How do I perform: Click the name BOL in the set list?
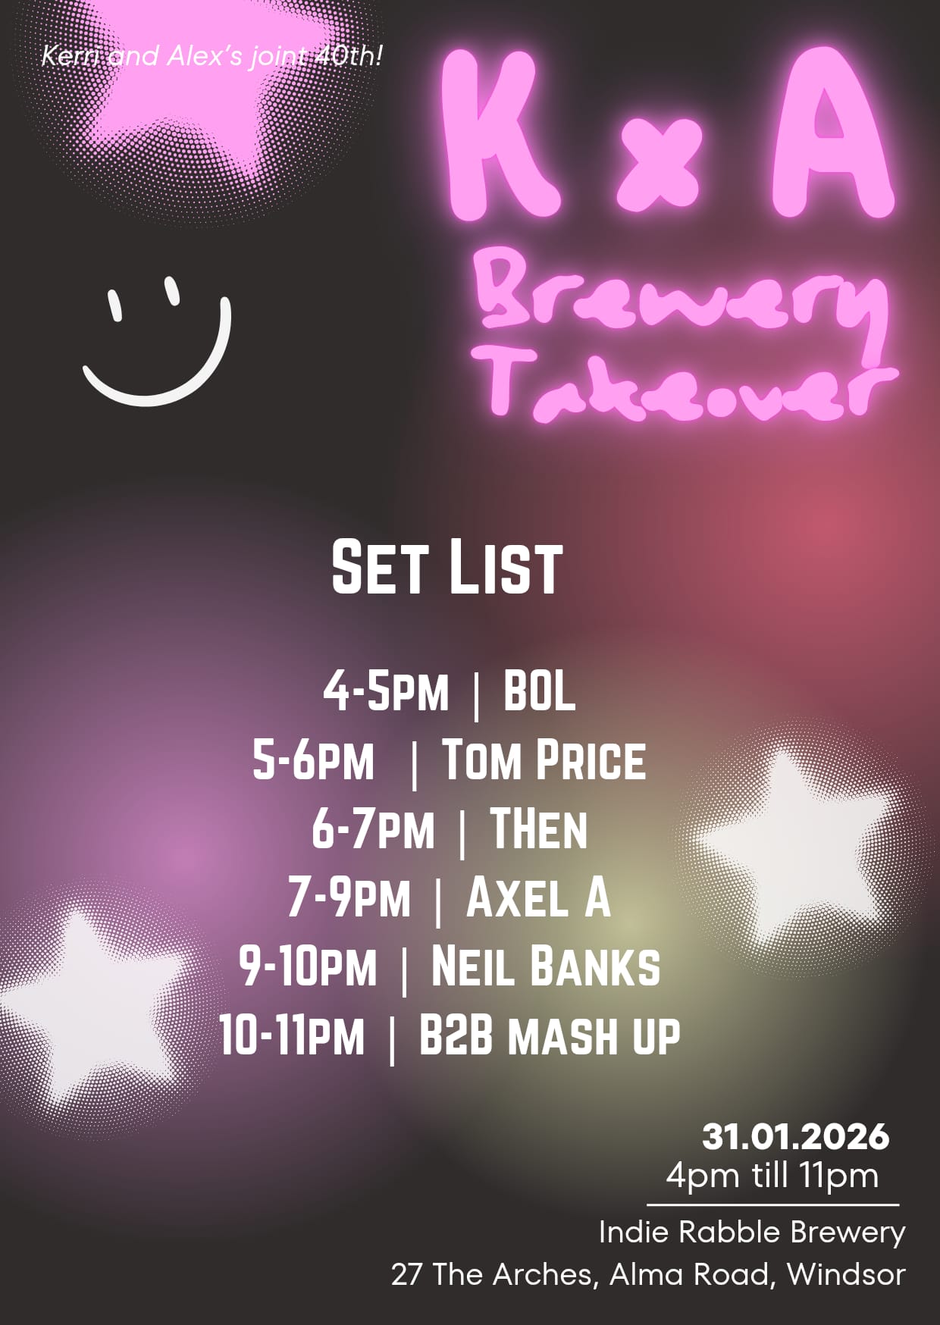(539, 691)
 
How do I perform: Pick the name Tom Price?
(544, 760)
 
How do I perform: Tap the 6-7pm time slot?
(373, 829)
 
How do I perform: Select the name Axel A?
(538, 897)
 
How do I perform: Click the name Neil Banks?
(545, 966)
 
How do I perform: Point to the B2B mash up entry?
(550, 1035)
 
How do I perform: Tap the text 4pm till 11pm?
(772, 1176)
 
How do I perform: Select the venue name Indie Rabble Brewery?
(752, 1233)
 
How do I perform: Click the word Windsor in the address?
(846, 1274)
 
